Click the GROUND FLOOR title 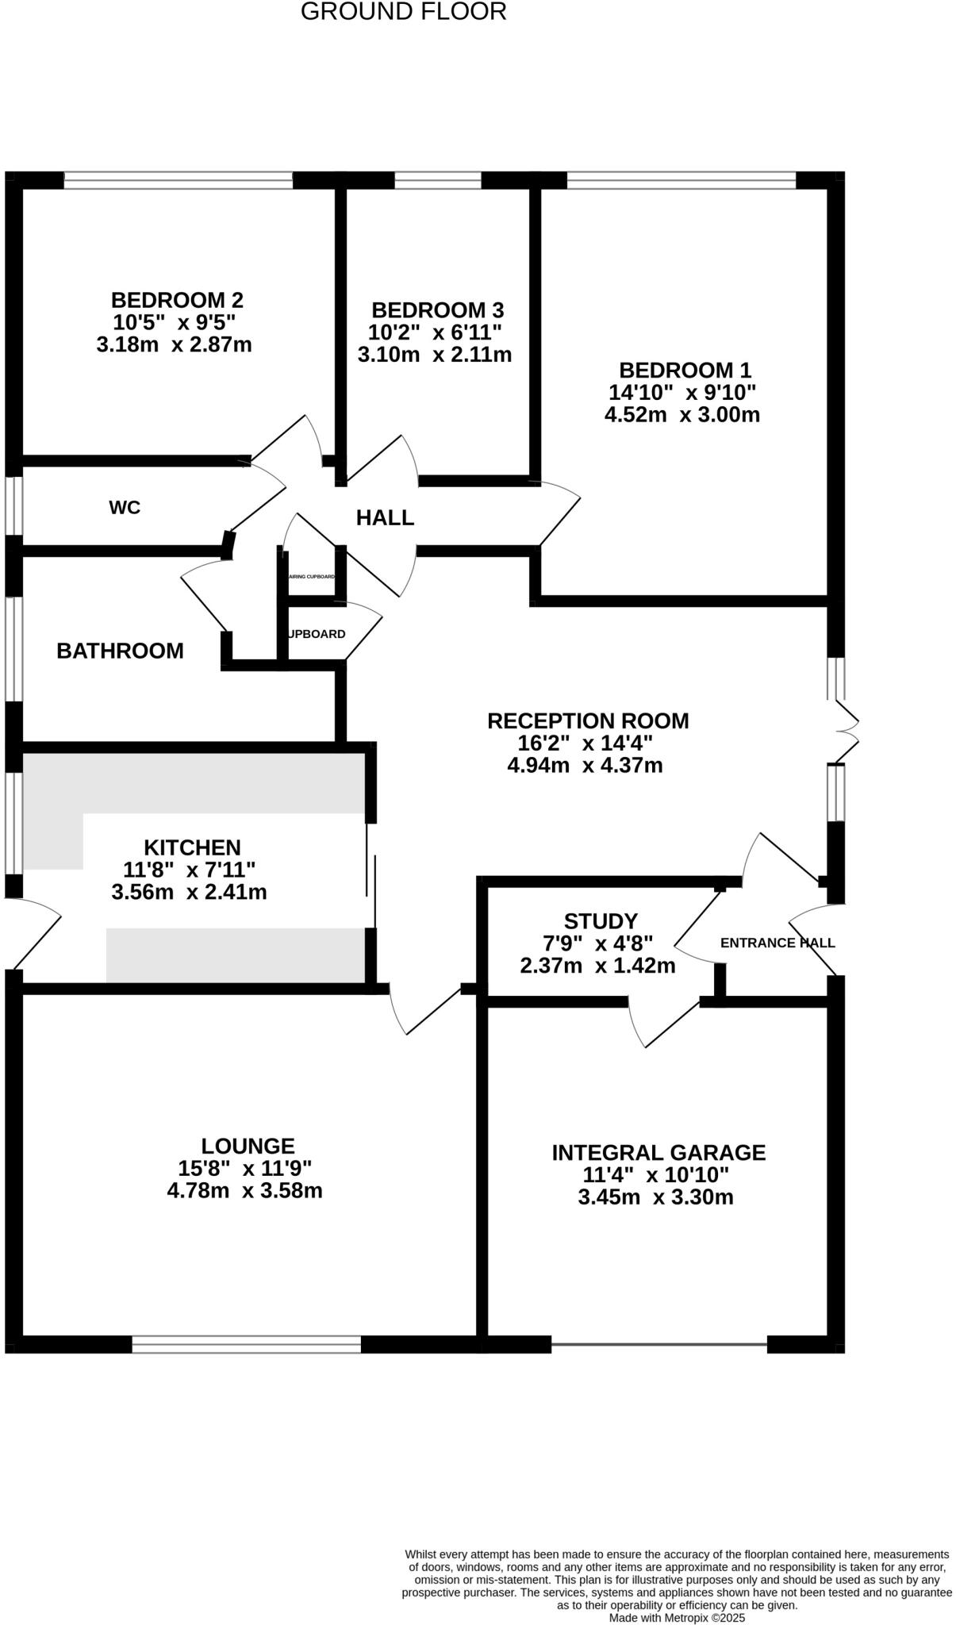tap(403, 12)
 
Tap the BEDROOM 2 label tap(177, 301)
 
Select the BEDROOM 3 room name tap(437, 310)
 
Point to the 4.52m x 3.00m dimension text tap(681, 415)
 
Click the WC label tap(125, 508)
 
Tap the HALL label tap(385, 518)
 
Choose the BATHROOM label tap(120, 651)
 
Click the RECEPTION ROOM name tap(588, 721)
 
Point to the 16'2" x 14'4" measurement tap(585, 743)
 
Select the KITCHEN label tap(192, 847)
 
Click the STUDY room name tap(601, 921)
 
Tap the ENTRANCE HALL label tap(777, 943)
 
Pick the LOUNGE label tap(248, 1147)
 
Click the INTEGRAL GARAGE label tap(658, 1153)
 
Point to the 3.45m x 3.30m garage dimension tap(655, 1197)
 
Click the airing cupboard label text tap(311, 577)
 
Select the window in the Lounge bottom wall tap(246, 1344)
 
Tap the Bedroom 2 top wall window tap(178, 181)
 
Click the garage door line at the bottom tap(658, 1344)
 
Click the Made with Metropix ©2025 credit tap(677, 1617)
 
